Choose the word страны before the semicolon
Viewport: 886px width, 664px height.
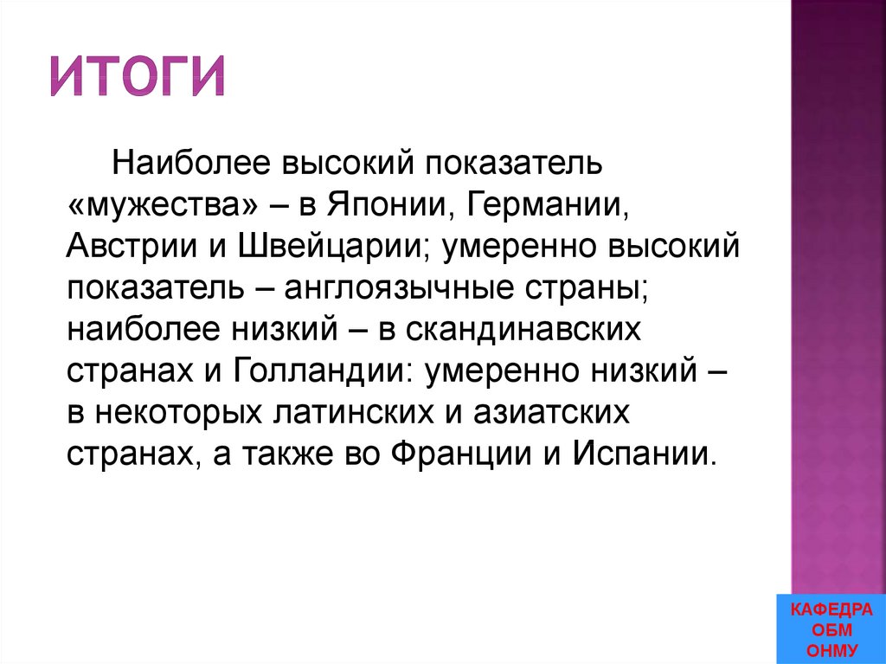coord(594,290)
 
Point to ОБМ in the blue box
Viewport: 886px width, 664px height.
coord(832,630)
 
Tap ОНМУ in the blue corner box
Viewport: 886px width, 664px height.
coord(832,650)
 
